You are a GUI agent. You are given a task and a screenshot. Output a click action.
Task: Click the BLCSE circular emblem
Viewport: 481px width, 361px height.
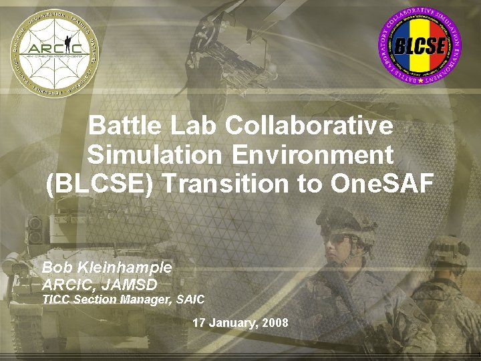click(421, 45)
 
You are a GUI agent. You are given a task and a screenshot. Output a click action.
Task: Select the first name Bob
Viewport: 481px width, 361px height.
click(56, 267)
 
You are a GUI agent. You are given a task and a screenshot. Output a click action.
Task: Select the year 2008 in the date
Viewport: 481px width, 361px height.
click(276, 323)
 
